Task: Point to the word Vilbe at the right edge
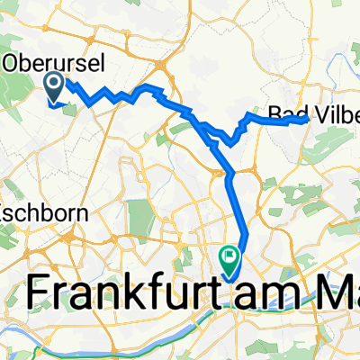(332, 115)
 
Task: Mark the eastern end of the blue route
(309, 116)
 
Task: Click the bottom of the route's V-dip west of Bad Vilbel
(233, 140)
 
